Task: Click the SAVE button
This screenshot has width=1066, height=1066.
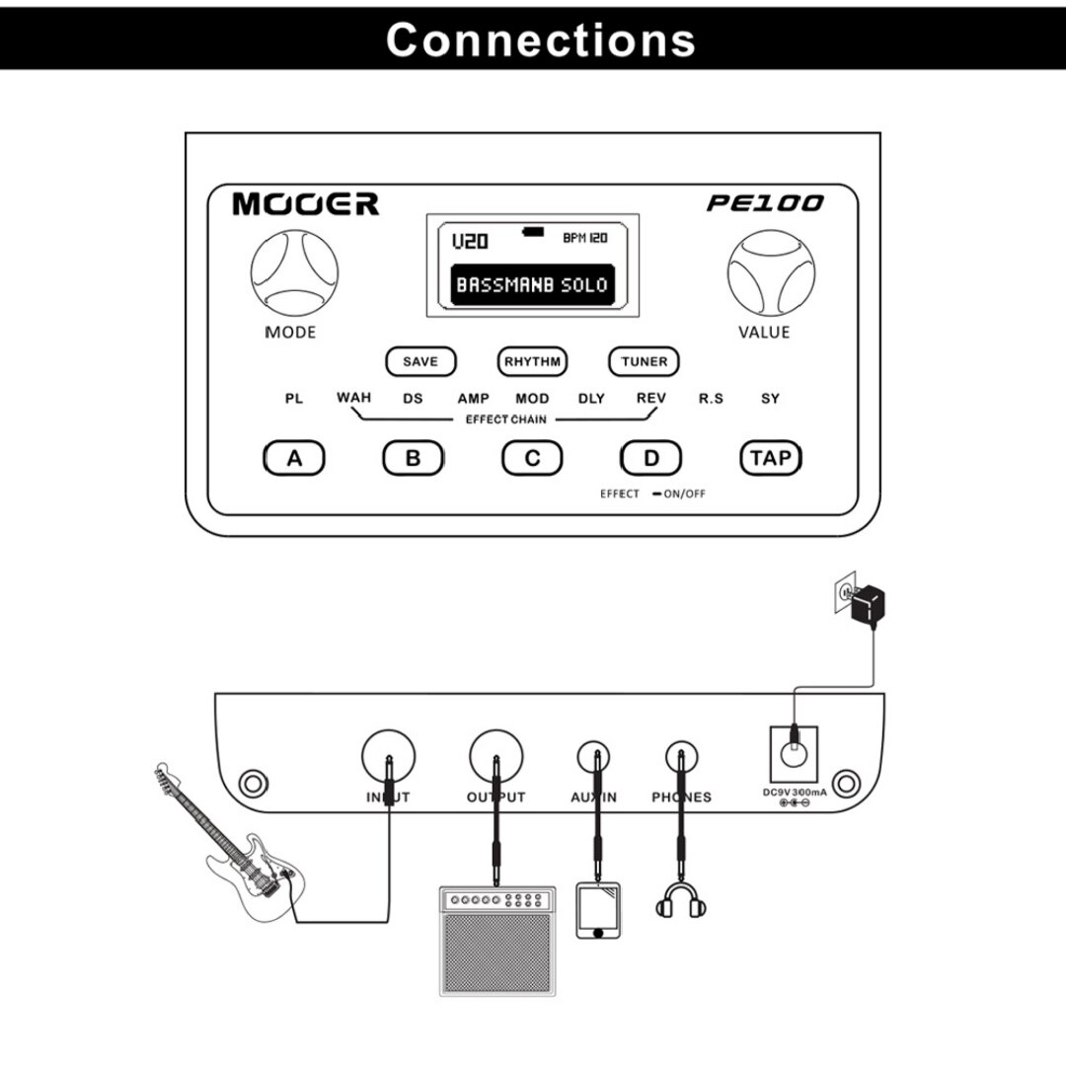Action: (420, 361)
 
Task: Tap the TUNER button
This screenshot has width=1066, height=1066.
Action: (644, 361)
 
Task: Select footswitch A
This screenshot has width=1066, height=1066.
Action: (294, 458)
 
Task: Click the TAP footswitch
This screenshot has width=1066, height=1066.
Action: (771, 458)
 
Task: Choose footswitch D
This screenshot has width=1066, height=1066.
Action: (650, 458)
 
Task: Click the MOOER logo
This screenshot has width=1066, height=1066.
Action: (305, 204)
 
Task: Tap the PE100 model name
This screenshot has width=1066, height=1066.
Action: (765, 203)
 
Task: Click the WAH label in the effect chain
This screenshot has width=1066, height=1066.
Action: (353, 398)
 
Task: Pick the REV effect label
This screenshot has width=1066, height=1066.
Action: (650, 398)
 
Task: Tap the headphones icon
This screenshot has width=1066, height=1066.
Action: (679, 901)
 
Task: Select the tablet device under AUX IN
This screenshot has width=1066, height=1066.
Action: (598, 910)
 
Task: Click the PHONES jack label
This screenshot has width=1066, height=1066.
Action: (681, 798)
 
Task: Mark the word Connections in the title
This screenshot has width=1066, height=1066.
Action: (540, 39)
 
